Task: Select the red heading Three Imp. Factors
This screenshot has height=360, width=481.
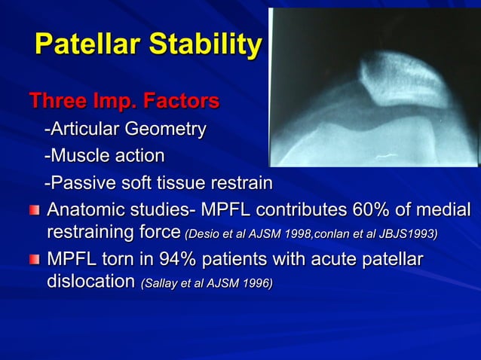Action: (124, 100)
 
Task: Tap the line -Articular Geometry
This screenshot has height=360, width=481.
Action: (124, 130)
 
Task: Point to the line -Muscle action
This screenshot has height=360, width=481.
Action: (104, 157)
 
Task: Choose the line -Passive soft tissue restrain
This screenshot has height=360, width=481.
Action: (158, 184)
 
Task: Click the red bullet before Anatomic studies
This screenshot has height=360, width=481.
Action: (34, 209)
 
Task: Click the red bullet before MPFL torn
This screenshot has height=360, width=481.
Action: (34, 261)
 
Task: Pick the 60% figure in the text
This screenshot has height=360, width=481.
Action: (372, 209)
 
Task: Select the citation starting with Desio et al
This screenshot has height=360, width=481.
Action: (311, 233)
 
